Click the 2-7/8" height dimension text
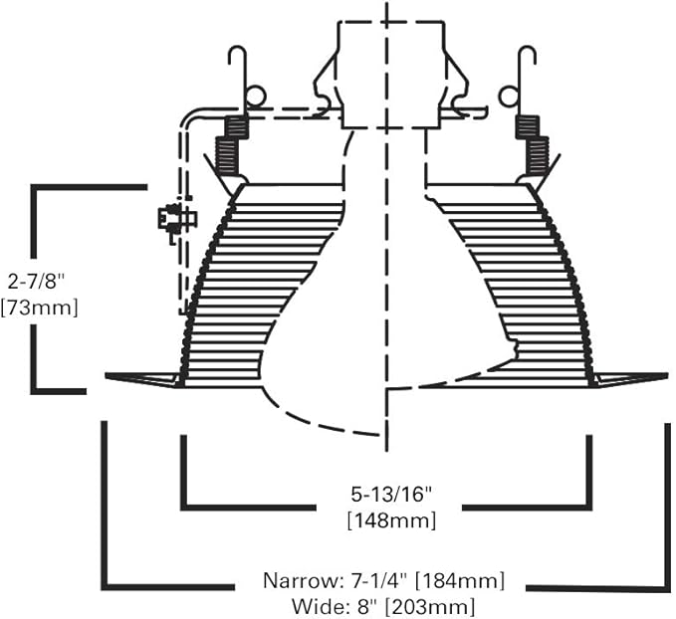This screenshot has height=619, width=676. (x=36, y=283)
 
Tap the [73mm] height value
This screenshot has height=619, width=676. (x=40, y=308)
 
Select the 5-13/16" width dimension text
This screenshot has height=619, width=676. (x=391, y=495)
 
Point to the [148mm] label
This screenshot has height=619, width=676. (x=391, y=520)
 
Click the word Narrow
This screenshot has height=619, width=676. (x=299, y=580)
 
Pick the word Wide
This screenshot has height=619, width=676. (x=315, y=606)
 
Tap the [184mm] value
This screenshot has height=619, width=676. (x=459, y=581)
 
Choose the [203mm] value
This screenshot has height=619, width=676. (x=430, y=607)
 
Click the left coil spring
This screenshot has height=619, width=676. (x=232, y=145)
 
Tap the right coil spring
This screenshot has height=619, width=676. (x=533, y=145)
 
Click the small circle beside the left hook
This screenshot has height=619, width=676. (x=255, y=97)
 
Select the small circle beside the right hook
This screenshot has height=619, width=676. (x=509, y=97)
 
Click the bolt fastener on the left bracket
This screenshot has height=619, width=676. (x=177, y=219)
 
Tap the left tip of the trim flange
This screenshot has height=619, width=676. (x=107, y=376)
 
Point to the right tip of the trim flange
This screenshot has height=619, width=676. (x=666, y=375)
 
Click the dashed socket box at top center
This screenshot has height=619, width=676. (x=390, y=75)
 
